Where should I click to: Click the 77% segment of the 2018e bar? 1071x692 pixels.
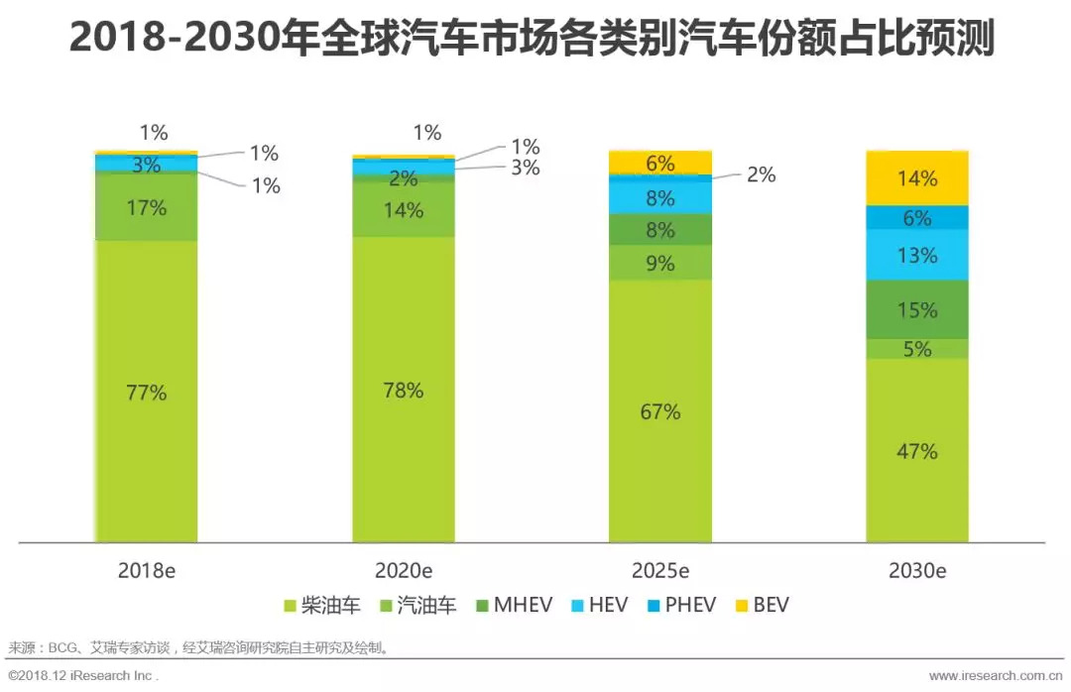[x=146, y=392]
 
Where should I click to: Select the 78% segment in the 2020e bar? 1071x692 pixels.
[x=403, y=390]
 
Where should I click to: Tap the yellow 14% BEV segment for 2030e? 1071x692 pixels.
[x=917, y=178]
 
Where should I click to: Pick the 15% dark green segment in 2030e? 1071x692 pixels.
[x=917, y=309]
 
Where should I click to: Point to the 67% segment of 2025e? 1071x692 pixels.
[x=660, y=411]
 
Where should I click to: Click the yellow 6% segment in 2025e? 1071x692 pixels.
[x=660, y=164]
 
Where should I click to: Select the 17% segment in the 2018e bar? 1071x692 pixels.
[x=146, y=207]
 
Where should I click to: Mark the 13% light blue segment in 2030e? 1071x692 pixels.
[x=917, y=255]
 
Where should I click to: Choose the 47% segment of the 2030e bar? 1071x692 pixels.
[x=917, y=451]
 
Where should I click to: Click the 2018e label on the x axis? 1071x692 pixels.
[x=146, y=571]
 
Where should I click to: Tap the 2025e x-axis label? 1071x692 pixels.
[x=660, y=571]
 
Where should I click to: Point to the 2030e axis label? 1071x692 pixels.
[x=917, y=571]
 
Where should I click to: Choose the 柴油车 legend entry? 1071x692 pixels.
[x=323, y=605]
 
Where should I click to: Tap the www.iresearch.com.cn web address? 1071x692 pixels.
[x=995, y=675]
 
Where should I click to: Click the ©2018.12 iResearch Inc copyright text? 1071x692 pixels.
[x=82, y=675]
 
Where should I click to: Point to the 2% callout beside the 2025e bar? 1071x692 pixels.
[x=761, y=174]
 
